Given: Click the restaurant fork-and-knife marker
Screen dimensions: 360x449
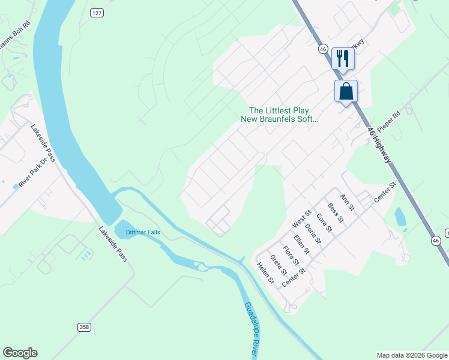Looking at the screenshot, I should (343, 58).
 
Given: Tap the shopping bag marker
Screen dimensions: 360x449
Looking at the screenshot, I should (346, 91).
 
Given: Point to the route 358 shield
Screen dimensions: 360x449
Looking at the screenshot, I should (85, 327).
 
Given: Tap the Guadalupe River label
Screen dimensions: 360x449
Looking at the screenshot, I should (252, 330).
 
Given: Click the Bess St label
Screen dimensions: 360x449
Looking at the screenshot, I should (336, 212).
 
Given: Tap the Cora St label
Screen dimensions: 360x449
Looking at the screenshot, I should (324, 223).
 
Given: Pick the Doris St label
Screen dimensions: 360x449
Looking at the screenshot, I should (313, 234).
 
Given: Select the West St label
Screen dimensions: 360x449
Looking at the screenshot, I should (301, 218).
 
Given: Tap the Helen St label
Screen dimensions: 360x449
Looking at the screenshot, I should (265, 273).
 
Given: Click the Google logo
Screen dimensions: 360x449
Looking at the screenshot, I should (20, 353).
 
